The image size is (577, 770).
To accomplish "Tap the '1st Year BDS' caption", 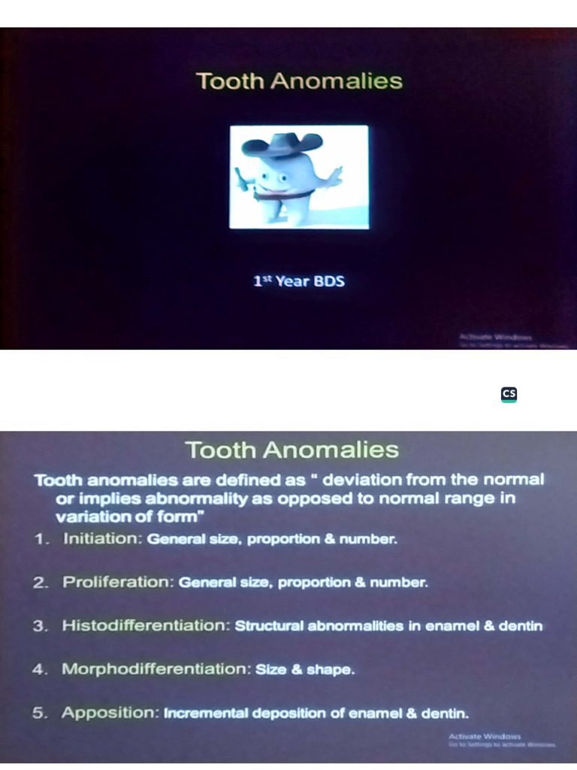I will (299, 282).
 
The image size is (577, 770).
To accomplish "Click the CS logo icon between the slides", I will (509, 395).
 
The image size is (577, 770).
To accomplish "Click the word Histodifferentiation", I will (145, 626).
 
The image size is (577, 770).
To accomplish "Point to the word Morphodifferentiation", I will (155, 668).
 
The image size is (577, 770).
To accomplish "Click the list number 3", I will (39, 626).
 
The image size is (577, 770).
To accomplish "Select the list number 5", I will (39, 714).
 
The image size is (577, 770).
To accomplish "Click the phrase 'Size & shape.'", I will (304, 669).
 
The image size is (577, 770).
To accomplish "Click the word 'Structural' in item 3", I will (267, 626).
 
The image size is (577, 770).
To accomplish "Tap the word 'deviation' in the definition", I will (357, 480).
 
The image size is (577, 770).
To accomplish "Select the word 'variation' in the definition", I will (86, 517).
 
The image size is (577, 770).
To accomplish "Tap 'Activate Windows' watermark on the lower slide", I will (485, 736).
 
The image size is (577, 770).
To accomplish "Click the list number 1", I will (39, 540).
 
